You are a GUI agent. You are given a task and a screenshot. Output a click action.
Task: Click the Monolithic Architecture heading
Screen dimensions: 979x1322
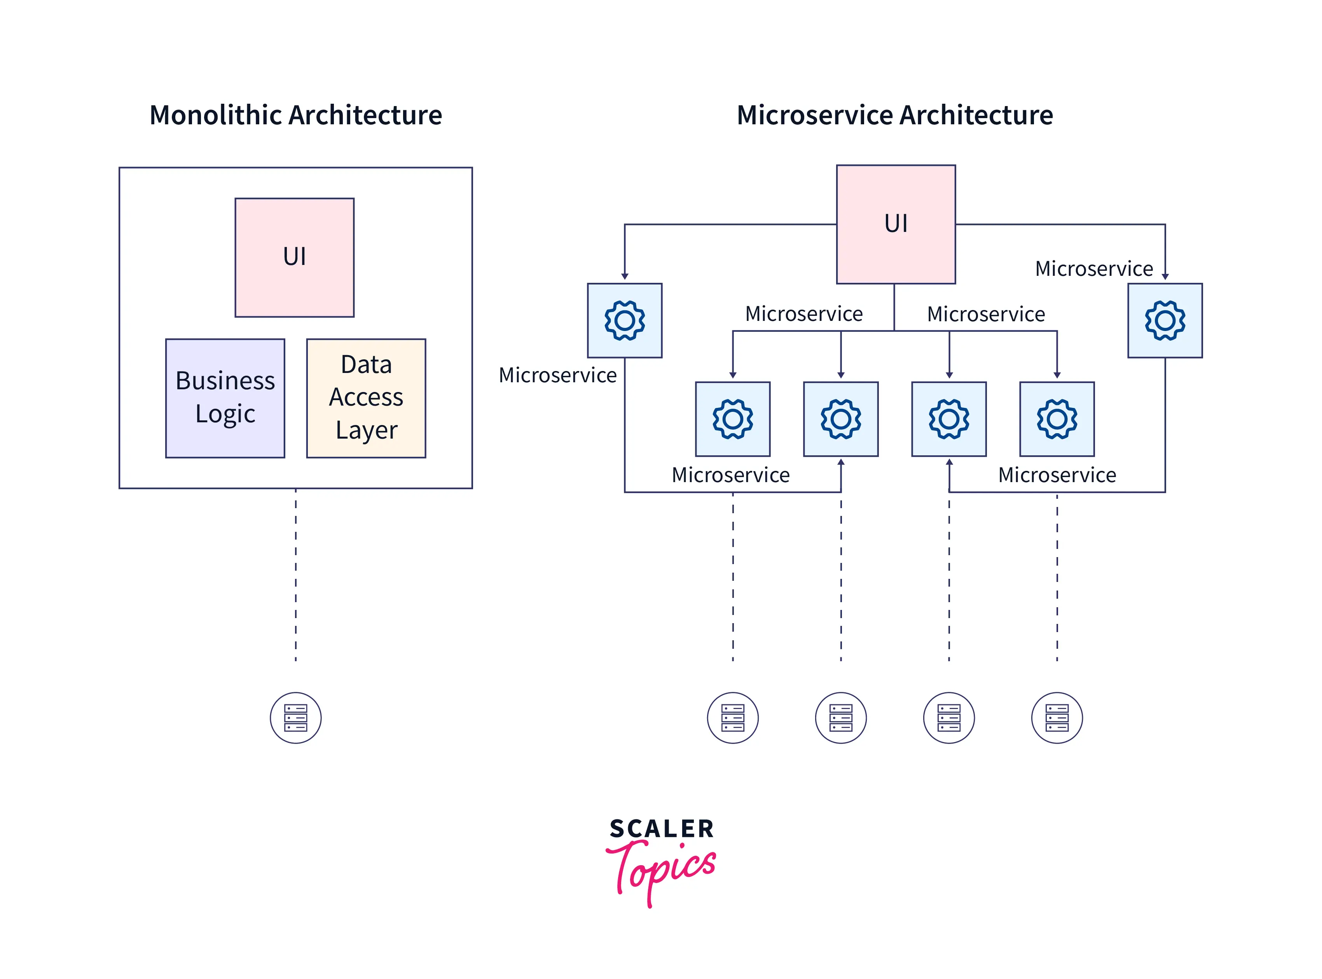[x=295, y=115]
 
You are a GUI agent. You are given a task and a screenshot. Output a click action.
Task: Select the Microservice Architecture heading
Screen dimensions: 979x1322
[x=894, y=115]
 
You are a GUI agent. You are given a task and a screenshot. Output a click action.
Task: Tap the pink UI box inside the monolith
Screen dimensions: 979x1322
[x=295, y=257]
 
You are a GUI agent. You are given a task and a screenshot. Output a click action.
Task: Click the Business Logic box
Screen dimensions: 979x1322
[x=225, y=398]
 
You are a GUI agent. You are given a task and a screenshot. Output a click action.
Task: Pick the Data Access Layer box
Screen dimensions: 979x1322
[x=366, y=398]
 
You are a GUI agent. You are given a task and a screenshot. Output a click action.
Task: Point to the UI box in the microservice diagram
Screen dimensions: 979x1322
[x=895, y=224]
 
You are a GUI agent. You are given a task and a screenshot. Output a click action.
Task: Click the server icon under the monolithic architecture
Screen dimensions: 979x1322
[x=295, y=718]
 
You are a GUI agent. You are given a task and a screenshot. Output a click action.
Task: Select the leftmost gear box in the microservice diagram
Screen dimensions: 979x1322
[x=624, y=321]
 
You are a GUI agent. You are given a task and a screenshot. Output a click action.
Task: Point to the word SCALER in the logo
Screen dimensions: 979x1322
[x=662, y=829]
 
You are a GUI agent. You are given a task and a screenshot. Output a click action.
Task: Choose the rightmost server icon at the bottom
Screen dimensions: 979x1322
[x=1057, y=718]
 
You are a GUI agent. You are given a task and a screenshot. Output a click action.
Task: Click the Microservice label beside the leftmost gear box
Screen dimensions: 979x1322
[x=557, y=375]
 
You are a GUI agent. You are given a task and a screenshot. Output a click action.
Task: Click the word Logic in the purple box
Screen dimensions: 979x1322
[x=225, y=414]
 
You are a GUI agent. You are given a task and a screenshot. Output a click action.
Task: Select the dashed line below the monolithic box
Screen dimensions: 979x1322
[x=295, y=575]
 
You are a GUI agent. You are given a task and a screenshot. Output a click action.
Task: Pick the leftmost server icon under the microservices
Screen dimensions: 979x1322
[x=732, y=718]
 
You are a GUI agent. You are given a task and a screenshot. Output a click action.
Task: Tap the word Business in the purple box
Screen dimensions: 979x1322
[x=225, y=380]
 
